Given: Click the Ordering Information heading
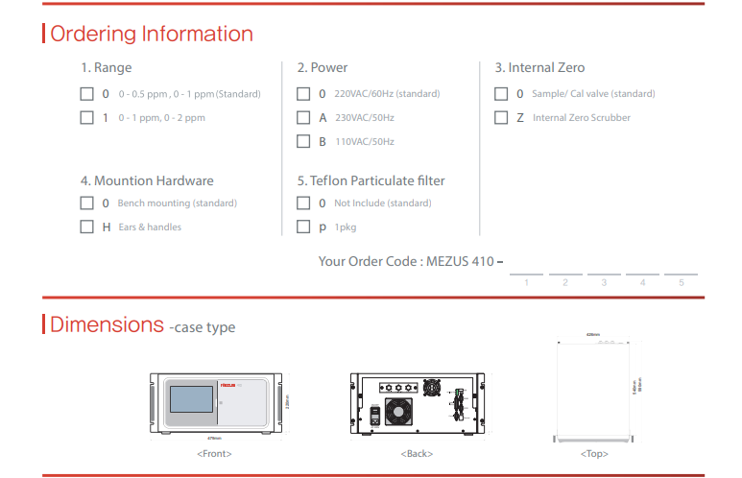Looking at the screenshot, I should point(151,35).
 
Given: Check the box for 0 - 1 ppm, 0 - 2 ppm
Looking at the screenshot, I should point(86,118).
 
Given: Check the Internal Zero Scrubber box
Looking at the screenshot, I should point(501,118).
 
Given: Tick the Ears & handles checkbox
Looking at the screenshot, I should point(86,227).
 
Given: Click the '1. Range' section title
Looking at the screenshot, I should point(106,68).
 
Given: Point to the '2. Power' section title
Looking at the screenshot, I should point(323,68).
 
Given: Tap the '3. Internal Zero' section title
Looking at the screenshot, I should point(539,68).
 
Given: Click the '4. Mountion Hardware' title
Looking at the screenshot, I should point(147,180).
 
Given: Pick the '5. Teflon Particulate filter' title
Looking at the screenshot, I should point(371,180).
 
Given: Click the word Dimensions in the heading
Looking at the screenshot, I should point(107,324).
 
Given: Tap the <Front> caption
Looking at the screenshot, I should point(214,453).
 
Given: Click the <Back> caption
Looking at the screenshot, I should point(418,453).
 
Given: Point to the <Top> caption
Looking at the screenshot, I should point(594,453).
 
